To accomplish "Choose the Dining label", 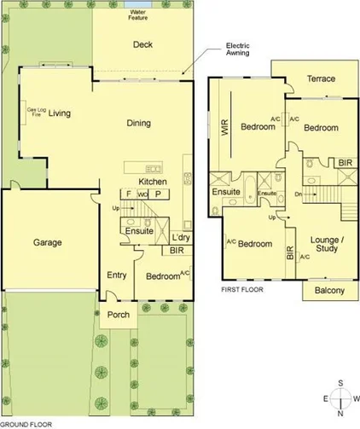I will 139,123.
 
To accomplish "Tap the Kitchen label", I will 152,182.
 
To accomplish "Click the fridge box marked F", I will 129,194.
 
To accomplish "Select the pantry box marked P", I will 158,194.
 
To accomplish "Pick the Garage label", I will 48,242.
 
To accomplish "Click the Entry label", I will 116,275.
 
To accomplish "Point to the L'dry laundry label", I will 180,236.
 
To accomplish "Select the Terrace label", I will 320,79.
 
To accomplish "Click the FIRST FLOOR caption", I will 241,290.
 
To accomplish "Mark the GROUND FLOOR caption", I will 27,423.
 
